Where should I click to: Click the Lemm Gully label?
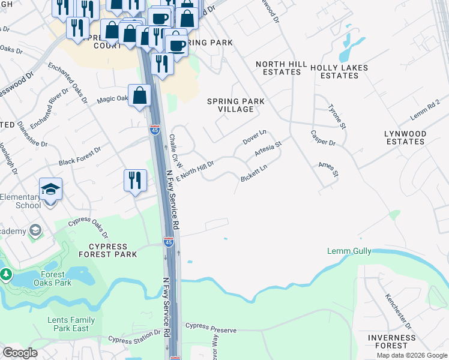coord(349,251)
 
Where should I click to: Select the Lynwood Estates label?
coord(406,137)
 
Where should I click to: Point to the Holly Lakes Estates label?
coord(339,72)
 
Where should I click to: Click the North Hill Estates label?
coord(278,68)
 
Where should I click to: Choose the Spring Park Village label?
coord(235,106)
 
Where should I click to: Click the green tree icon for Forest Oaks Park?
coord(6,275)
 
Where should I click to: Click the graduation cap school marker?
coord(51,189)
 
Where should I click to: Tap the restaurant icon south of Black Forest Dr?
coord(135,179)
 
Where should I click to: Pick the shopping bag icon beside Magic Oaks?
coord(139,95)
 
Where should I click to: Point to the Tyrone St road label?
coord(337,116)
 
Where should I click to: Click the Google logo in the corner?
coord(20,353)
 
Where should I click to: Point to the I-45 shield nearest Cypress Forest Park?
coord(169,242)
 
